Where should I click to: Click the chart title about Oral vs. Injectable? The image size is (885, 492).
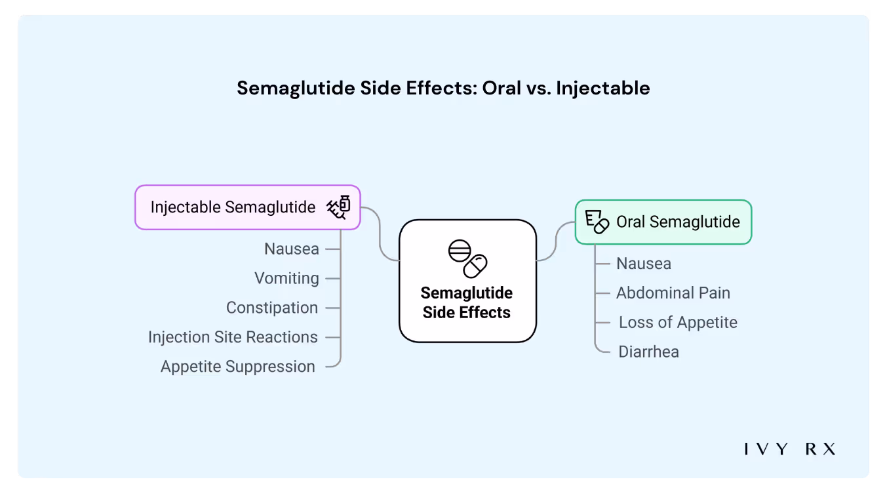443,88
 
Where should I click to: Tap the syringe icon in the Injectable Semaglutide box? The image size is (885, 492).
338,207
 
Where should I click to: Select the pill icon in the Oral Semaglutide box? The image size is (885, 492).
597,222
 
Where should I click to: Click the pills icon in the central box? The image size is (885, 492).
467,258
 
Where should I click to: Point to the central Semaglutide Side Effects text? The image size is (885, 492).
467,302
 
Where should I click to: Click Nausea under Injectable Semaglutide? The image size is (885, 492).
292,249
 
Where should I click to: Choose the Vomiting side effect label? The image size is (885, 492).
286,278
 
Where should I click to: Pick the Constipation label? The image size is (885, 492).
272,308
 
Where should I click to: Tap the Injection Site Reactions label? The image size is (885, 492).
233,337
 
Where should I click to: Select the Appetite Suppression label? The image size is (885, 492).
238,367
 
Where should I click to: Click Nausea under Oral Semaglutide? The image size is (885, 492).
644,264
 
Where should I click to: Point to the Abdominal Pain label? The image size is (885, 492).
673,293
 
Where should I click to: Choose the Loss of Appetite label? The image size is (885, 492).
678,323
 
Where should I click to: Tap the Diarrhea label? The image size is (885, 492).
649,352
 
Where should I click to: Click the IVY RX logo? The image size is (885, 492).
790,449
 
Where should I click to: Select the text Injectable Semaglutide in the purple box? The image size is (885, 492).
233,207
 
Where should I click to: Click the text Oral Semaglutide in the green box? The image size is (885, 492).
678,222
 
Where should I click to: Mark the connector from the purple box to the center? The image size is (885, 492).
380,236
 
